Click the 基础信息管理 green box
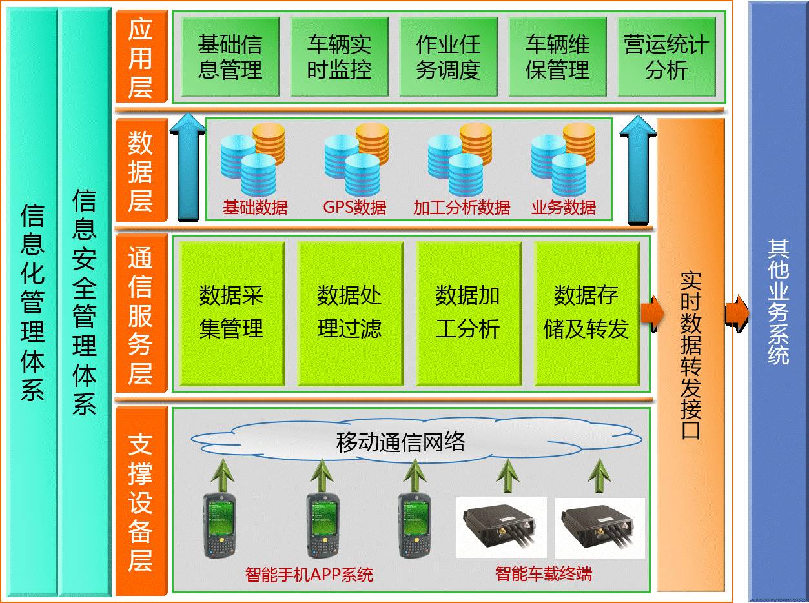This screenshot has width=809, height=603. (230, 57)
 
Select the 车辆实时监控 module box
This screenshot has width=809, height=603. (339, 57)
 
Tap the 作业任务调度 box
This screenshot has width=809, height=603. (448, 57)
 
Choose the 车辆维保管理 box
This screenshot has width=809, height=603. (557, 57)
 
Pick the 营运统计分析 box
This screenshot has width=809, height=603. (666, 57)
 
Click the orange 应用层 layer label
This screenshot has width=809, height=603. (141, 57)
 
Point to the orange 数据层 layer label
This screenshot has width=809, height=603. (141, 171)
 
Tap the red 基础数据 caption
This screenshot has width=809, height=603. (255, 208)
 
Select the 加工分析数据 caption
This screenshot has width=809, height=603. (462, 208)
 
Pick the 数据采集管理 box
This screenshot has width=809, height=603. (231, 313)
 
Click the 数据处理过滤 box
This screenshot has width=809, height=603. (350, 313)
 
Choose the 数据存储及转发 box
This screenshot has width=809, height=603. (586, 313)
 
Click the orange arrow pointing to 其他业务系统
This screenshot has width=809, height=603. (736, 312)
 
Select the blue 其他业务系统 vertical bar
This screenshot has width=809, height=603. (777, 302)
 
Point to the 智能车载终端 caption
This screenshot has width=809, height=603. (544, 573)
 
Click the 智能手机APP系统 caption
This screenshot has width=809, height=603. (309, 575)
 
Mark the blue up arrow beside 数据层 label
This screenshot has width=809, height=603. (187, 168)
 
